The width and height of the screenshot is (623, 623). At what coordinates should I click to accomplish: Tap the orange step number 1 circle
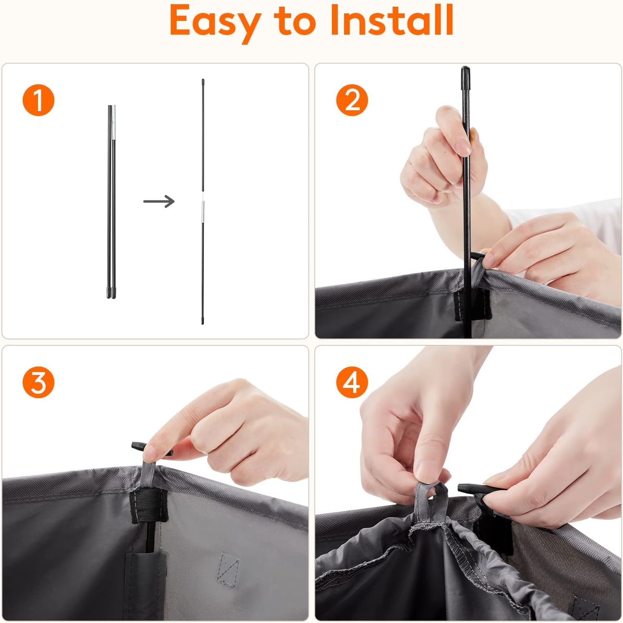tap(38, 100)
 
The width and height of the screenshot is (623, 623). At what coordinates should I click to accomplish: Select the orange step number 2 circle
tap(352, 100)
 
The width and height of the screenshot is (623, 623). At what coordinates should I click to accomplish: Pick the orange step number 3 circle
tap(38, 382)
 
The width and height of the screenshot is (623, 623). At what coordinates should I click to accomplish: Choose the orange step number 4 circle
tap(352, 382)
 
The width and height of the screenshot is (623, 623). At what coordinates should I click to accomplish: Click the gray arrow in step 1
tap(159, 201)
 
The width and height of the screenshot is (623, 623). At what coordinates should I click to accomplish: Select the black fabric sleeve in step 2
tap(472, 305)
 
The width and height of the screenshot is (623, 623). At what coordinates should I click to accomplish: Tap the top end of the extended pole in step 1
tap(203, 80)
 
